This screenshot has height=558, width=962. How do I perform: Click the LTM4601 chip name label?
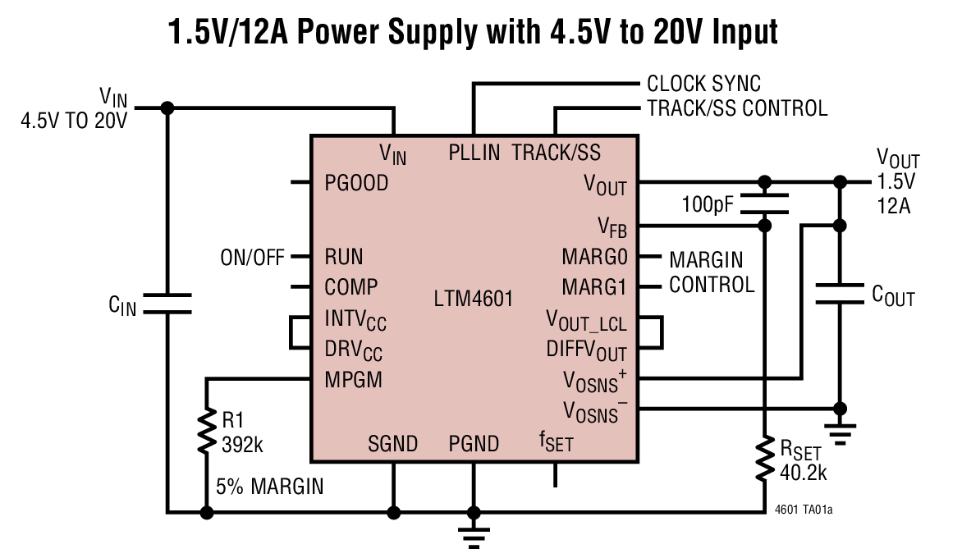[x=473, y=300]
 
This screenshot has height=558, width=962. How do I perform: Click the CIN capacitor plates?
[x=167, y=303]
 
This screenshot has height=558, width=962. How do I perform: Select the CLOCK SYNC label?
[x=703, y=84]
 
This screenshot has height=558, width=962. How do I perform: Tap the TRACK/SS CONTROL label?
[x=736, y=107]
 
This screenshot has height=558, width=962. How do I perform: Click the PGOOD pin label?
[x=356, y=183]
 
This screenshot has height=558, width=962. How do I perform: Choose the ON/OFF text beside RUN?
[x=251, y=257]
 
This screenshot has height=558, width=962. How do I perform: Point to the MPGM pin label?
[x=353, y=380]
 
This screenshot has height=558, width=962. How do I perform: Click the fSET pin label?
[x=556, y=444]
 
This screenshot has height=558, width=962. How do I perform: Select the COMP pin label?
[x=351, y=287]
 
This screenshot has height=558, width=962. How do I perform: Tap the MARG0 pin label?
[x=594, y=257]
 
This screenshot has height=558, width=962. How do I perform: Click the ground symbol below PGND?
[x=474, y=537]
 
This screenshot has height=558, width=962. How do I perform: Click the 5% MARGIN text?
[x=269, y=487]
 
